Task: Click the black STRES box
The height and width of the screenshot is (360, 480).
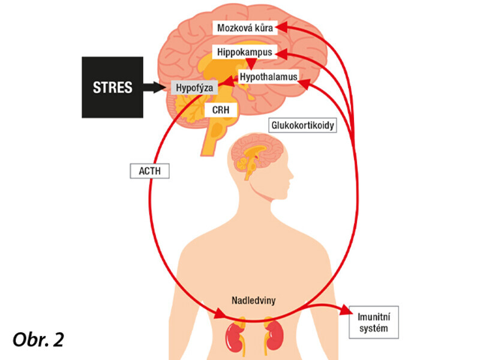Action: pos(112,87)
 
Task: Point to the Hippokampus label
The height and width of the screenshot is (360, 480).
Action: pos(244,52)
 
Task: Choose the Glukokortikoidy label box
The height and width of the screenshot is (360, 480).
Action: pos(302,126)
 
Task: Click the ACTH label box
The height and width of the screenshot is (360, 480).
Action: pos(149,171)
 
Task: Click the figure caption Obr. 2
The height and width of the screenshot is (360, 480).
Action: pos(38,339)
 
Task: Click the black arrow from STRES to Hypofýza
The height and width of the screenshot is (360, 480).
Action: pos(157,87)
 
